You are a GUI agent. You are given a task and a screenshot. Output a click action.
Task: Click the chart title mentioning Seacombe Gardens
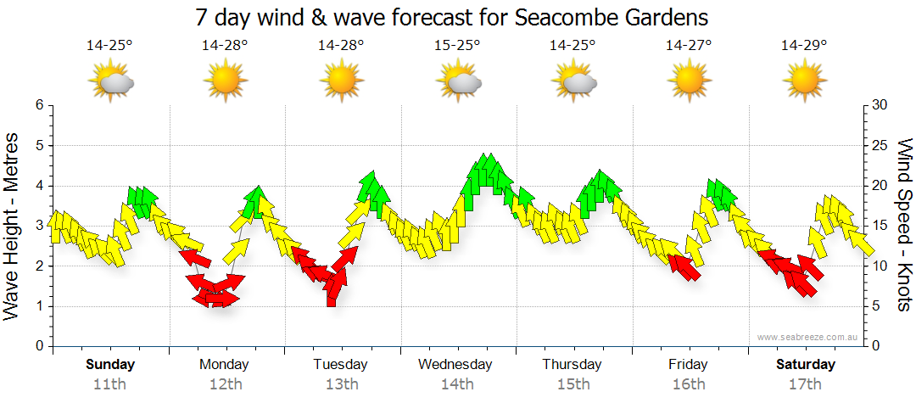click(451, 17)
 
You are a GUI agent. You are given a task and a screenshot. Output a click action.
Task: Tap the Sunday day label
click(110, 365)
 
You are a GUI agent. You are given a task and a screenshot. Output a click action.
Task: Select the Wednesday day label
click(455, 365)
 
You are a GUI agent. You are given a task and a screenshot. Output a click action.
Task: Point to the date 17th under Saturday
click(805, 384)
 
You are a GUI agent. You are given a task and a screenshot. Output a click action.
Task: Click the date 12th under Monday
click(225, 384)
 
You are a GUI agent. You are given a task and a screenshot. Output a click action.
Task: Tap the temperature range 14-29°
click(804, 46)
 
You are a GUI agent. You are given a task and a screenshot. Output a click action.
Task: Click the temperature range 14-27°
click(688, 46)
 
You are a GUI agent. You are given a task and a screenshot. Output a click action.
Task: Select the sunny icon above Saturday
click(804, 82)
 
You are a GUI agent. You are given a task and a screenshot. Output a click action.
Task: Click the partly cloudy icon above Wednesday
click(459, 82)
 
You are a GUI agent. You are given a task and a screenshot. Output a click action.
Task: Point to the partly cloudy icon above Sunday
click(110, 82)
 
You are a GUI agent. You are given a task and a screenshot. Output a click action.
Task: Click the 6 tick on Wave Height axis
click(38, 105)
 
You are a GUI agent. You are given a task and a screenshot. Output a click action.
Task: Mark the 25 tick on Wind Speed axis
click(880, 146)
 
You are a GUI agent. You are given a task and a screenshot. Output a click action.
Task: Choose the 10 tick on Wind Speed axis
click(880, 266)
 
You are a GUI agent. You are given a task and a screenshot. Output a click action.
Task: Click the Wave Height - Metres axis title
click(14, 226)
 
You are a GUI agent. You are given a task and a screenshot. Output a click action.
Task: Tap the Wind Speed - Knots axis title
click(902, 226)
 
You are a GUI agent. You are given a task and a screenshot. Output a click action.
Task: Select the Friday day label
click(688, 365)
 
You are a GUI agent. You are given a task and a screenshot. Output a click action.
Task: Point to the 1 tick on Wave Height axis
click(38, 306)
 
